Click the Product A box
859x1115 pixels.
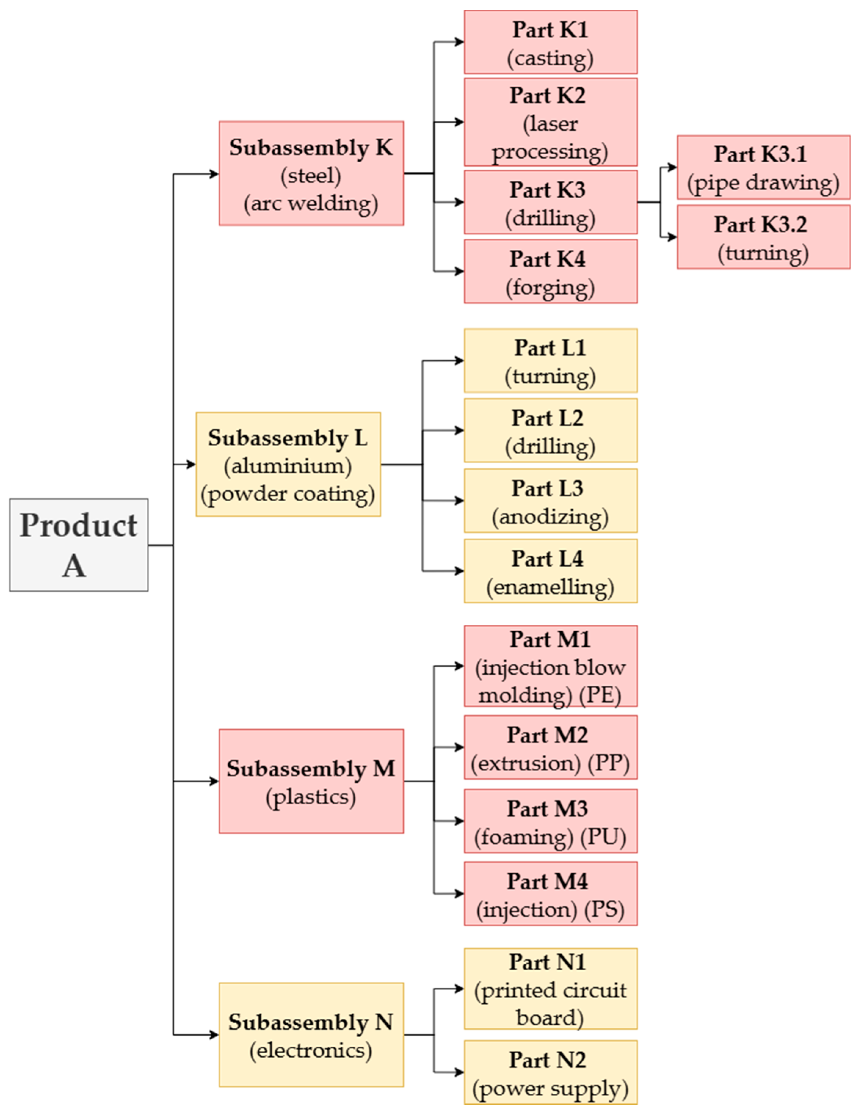point(79,545)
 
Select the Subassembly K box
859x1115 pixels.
point(311,173)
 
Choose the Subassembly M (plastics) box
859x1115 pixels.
point(311,781)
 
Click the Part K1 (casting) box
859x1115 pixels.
point(550,42)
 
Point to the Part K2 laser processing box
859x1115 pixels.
point(550,123)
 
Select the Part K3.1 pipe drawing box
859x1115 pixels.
point(763,167)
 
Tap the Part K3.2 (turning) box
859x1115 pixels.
point(763,237)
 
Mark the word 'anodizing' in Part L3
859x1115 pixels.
point(550,517)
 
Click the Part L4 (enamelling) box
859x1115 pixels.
point(550,571)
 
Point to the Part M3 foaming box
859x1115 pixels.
point(550,821)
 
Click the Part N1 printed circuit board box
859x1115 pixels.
point(550,989)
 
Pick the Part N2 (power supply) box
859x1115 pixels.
point(550,1072)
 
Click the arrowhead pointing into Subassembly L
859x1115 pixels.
point(191,464)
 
